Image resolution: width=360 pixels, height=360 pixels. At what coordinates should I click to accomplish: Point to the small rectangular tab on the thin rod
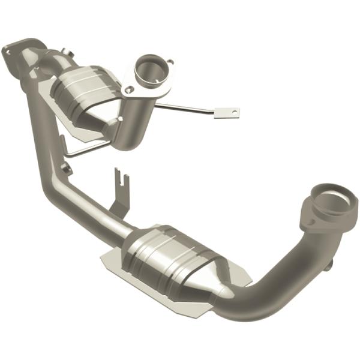coord(227,112)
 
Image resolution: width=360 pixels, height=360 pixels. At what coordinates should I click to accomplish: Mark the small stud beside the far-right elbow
coord(328,265)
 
